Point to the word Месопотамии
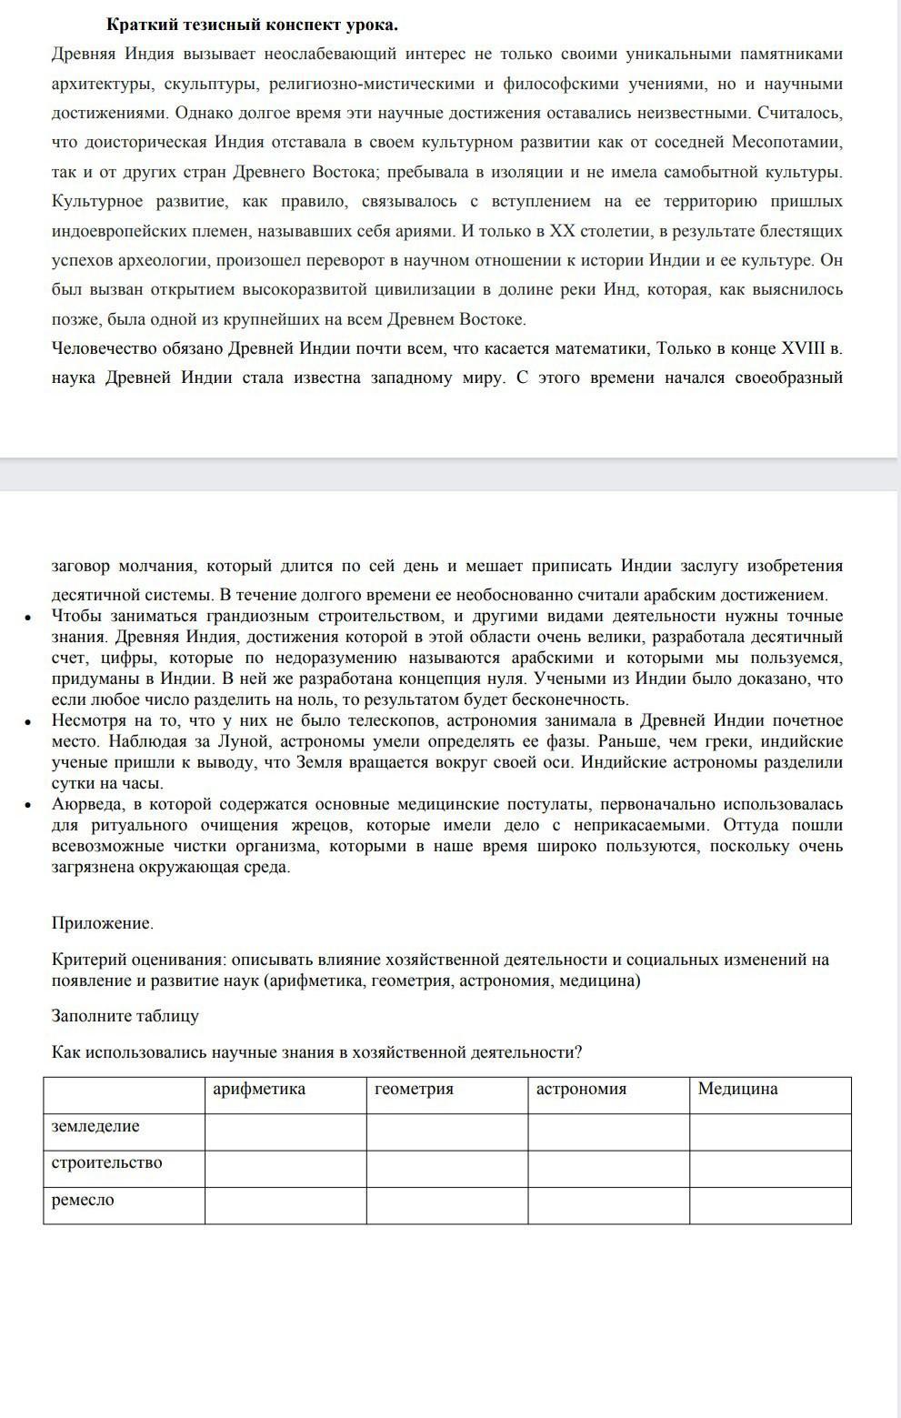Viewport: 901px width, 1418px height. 786,143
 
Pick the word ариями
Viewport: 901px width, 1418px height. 425,231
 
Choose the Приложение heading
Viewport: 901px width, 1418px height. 102,924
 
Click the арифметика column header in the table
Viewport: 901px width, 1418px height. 258,1090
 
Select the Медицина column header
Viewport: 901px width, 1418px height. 737,1090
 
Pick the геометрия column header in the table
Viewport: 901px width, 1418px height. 414,1090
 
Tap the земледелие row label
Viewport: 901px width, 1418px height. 95,1127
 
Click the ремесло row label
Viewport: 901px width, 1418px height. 83,1201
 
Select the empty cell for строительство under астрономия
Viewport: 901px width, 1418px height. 608,1169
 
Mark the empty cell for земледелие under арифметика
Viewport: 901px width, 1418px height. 285,1131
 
